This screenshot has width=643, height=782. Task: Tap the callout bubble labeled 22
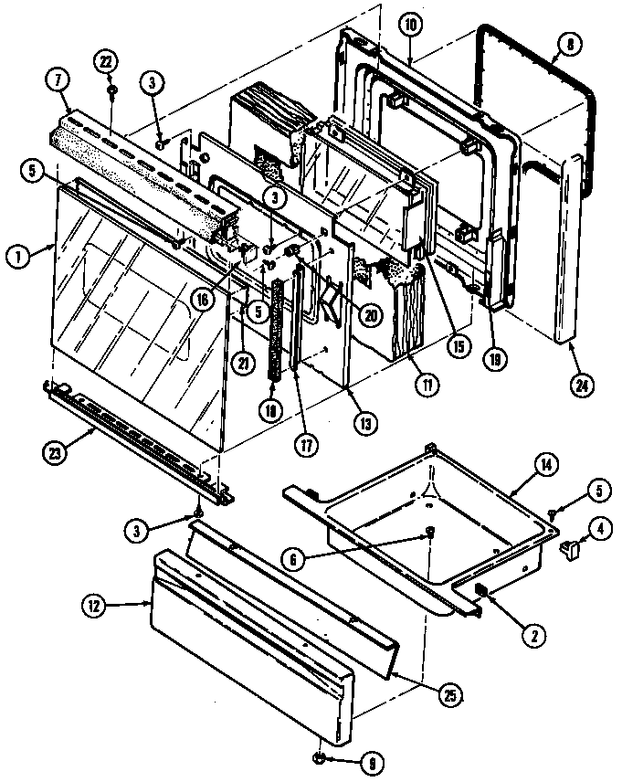[108, 61]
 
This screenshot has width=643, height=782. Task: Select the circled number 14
[545, 464]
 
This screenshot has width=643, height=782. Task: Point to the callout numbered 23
[57, 448]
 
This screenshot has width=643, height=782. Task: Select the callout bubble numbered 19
[494, 360]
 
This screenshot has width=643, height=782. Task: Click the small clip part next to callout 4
[571, 549]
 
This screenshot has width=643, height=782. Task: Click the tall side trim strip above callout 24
[567, 247]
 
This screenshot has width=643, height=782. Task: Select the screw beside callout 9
[319, 757]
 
